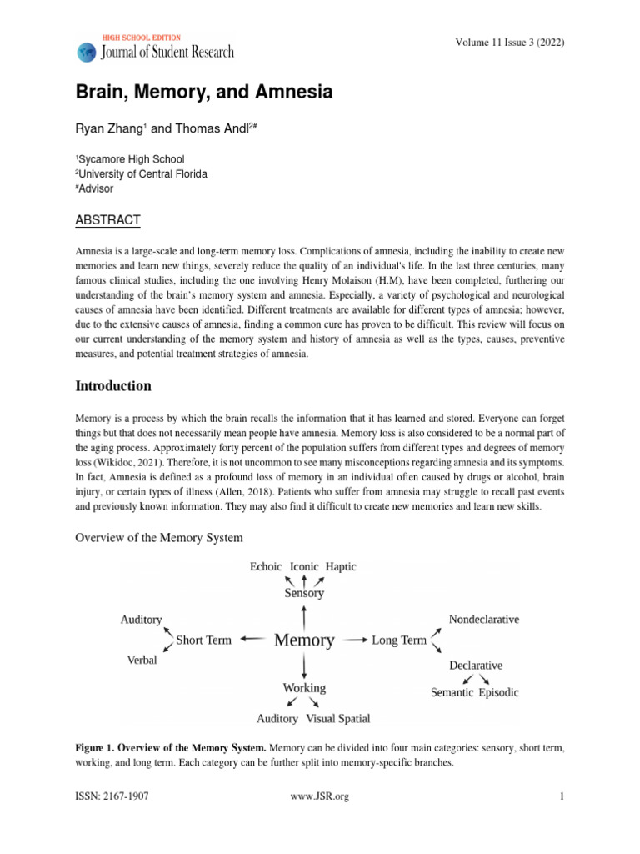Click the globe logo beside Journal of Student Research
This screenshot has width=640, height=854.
click(86, 53)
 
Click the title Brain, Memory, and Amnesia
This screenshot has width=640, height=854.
click(204, 93)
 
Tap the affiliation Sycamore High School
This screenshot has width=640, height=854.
click(132, 159)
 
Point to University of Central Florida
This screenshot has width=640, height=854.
click(143, 174)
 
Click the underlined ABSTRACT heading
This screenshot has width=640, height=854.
click(108, 220)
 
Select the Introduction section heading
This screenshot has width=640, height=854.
click(113, 386)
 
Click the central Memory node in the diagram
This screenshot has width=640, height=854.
click(304, 640)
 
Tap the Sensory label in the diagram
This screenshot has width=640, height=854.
click(304, 594)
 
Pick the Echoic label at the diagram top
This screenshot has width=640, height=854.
click(267, 566)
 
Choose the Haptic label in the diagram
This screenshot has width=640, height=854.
click(341, 566)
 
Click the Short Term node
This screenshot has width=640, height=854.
click(203, 640)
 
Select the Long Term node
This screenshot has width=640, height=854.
click(398, 640)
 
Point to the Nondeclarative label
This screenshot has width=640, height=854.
click(484, 620)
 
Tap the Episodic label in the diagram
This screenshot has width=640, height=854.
click(498, 692)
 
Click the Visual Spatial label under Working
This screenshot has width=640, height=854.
click(338, 718)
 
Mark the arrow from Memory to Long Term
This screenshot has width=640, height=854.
click(356, 640)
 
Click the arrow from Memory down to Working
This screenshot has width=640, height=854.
click(304, 666)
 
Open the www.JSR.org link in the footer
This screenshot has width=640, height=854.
click(319, 796)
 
